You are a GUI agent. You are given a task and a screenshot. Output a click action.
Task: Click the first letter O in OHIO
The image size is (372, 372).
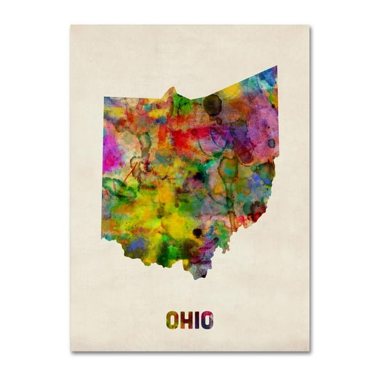point(173,320)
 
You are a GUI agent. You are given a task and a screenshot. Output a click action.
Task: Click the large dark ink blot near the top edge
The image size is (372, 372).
point(212,104)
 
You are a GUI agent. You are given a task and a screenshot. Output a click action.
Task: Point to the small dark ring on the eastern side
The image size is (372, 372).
point(271,143)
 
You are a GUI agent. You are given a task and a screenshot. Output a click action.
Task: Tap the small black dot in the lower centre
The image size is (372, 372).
point(197,232)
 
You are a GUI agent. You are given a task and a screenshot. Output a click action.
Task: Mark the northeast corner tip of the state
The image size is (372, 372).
point(276,67)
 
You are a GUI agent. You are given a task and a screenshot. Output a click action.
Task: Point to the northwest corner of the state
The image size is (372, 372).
point(105,98)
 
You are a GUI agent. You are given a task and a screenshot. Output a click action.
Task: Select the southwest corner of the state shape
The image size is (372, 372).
point(103,236)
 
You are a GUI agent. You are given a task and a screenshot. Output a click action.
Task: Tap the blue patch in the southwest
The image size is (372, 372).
point(137,244)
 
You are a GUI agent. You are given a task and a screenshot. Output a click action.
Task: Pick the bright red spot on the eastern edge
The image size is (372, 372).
point(258,212)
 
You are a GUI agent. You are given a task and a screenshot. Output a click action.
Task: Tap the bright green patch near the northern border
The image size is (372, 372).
point(182,104)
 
